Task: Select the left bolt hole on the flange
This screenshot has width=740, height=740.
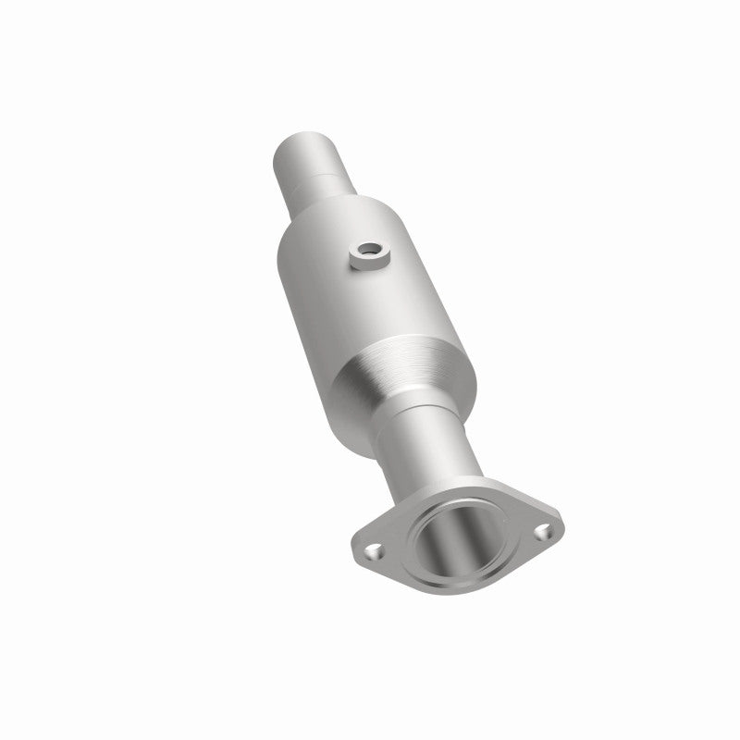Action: point(373,552)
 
